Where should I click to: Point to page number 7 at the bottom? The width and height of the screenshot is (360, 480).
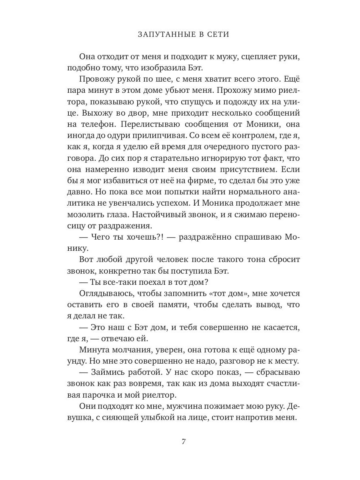(x=184, y=442)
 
